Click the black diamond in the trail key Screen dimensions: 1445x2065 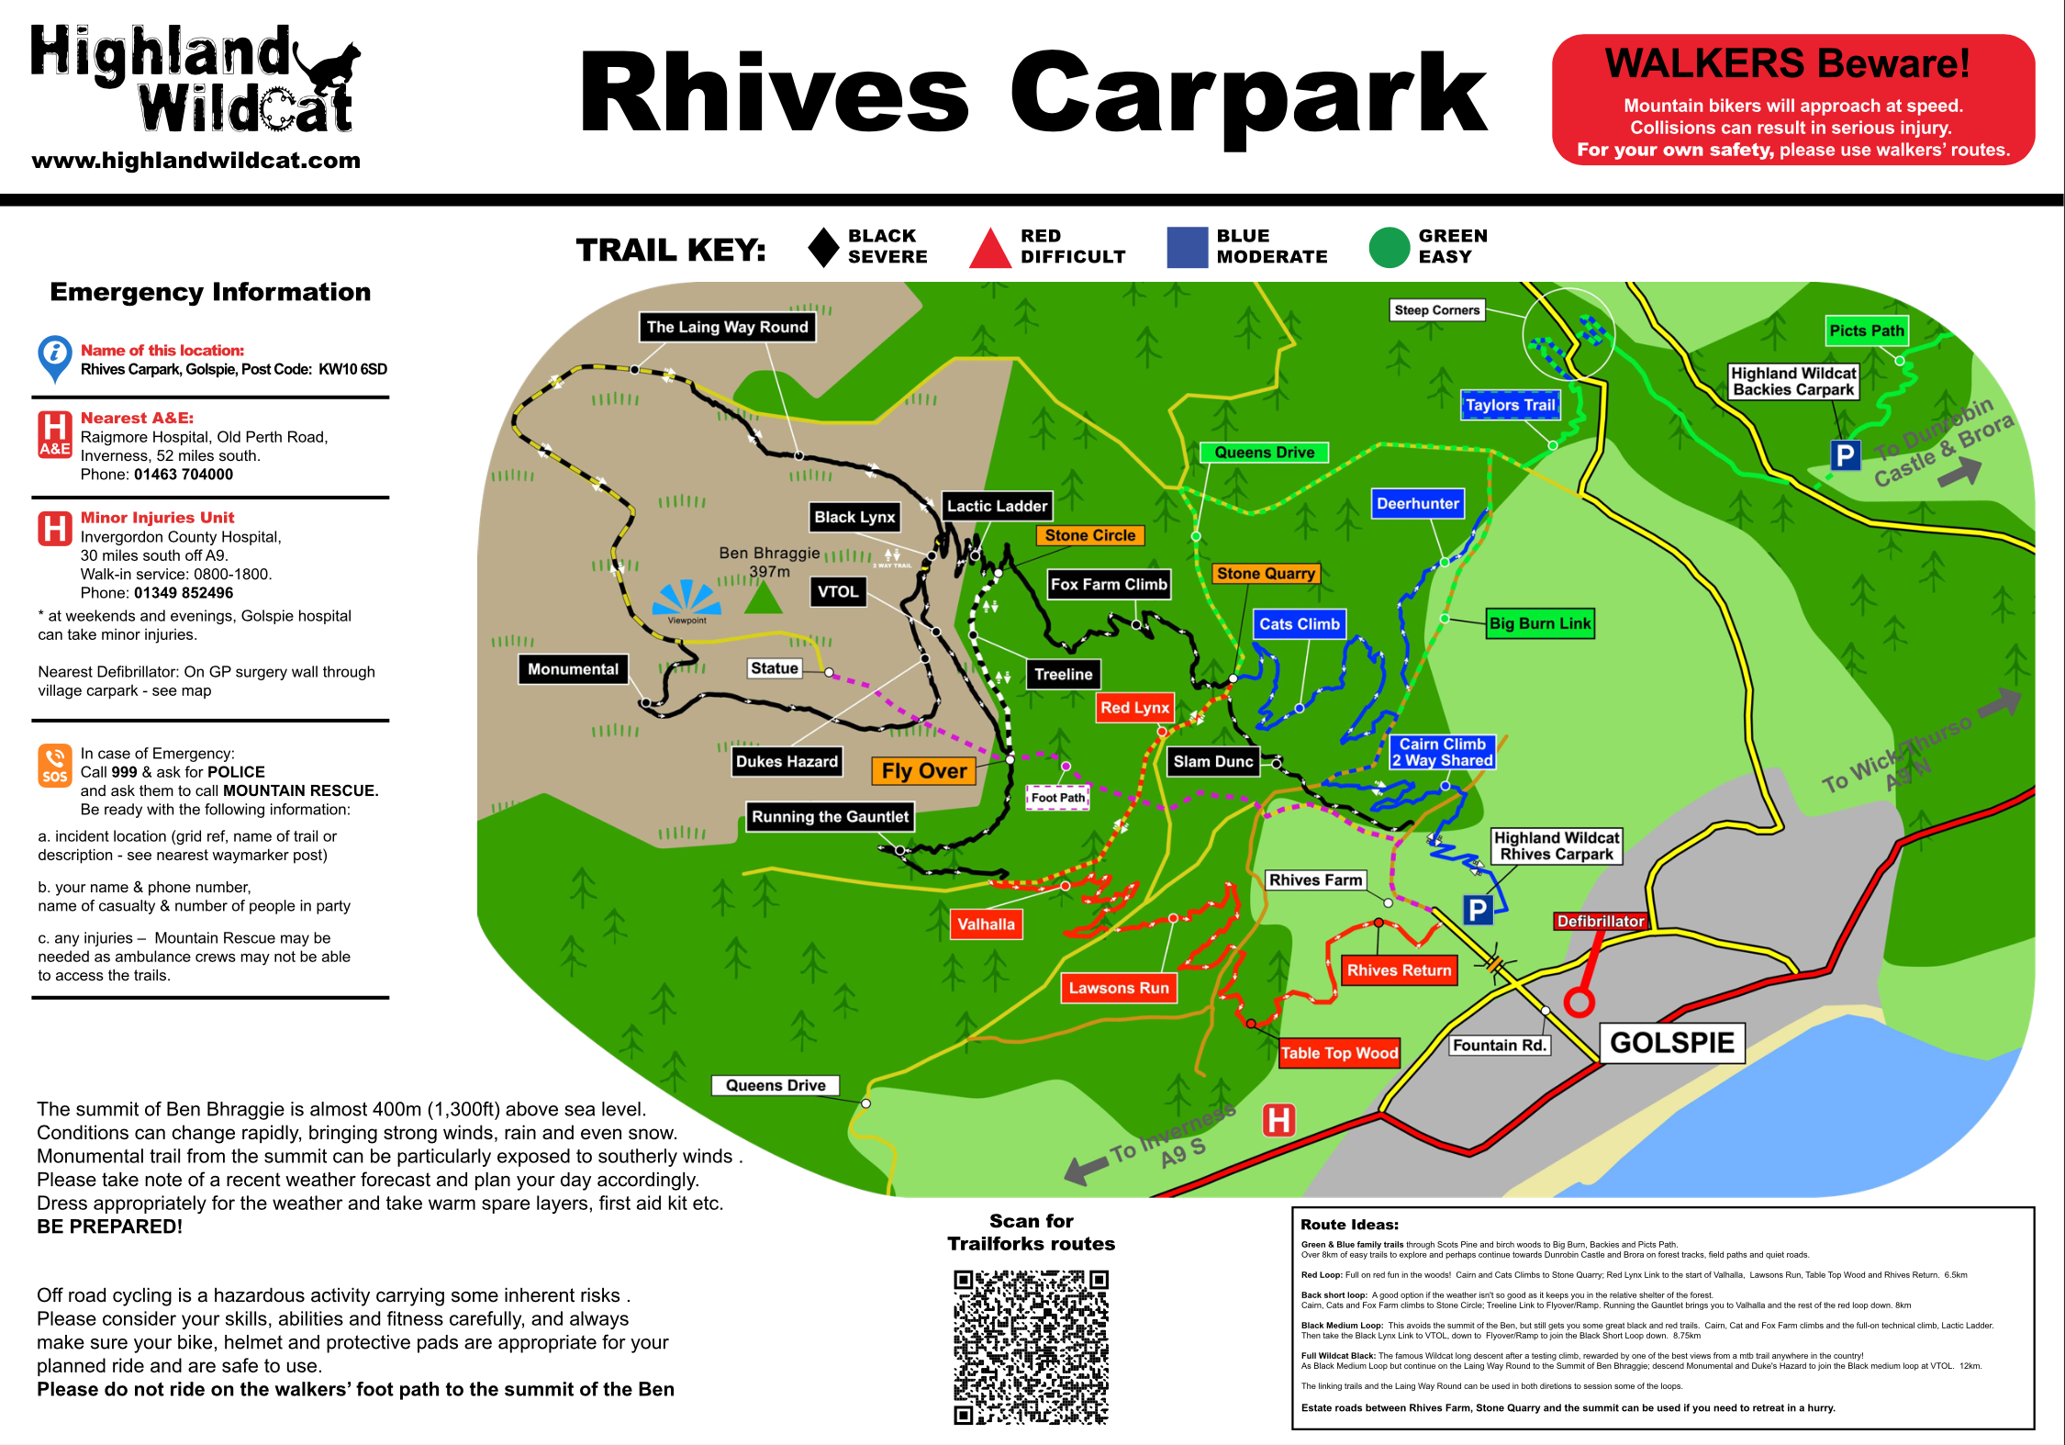(x=823, y=247)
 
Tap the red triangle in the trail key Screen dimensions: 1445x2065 (x=989, y=250)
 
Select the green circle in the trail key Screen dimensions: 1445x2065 (x=1389, y=248)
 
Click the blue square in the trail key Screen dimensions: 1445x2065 (x=1187, y=248)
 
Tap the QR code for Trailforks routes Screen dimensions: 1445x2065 (x=1031, y=1347)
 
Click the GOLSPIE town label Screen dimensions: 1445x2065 (x=1671, y=1043)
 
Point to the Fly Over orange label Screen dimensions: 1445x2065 (x=923, y=771)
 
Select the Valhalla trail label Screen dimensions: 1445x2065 (x=987, y=924)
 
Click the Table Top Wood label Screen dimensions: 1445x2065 (x=1339, y=1053)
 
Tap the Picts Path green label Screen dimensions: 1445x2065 (x=1866, y=330)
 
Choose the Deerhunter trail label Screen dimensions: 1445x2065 (x=1417, y=503)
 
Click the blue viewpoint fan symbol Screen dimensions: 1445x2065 (x=686, y=598)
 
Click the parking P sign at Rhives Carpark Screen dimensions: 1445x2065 (x=1478, y=910)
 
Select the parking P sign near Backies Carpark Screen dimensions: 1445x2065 (x=1845, y=455)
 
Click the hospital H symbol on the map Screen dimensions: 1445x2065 (x=1278, y=1120)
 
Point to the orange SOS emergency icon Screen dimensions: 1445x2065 (x=54, y=765)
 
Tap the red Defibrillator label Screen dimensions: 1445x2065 (x=1601, y=921)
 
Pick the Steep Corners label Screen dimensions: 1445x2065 (x=1436, y=310)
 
